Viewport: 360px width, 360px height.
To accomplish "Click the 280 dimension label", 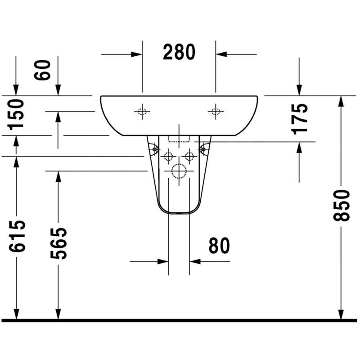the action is (179, 52).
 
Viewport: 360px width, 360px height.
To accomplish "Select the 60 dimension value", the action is (42, 70).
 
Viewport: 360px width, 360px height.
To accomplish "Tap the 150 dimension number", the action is (16, 115).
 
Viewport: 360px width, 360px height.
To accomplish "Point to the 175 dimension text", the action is (299, 119).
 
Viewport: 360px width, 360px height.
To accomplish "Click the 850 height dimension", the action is (342, 205).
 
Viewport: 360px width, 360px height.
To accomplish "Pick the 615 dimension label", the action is (17, 236).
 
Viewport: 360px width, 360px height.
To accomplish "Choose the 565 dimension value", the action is (58, 243).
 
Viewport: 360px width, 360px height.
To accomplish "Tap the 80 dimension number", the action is (219, 245).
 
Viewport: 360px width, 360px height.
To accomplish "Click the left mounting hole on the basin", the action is (142, 112).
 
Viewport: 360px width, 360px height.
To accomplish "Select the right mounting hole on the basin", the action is (216, 112).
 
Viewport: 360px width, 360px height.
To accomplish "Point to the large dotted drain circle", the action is (179, 171).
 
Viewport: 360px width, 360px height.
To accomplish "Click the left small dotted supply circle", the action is (168, 157).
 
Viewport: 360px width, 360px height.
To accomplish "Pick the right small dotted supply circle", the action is (189, 157).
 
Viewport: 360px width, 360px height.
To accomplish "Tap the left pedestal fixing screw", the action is (154, 149).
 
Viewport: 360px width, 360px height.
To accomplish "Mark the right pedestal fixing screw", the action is (203, 149).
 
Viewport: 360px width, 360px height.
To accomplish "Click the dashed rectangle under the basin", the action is (179, 139).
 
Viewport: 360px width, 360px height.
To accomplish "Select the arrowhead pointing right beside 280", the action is (136, 54).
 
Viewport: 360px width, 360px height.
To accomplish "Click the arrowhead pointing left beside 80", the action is (195, 261).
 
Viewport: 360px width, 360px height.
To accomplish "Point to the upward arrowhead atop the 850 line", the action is (342, 101).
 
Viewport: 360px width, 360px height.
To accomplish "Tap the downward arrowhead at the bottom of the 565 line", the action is (58, 314).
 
